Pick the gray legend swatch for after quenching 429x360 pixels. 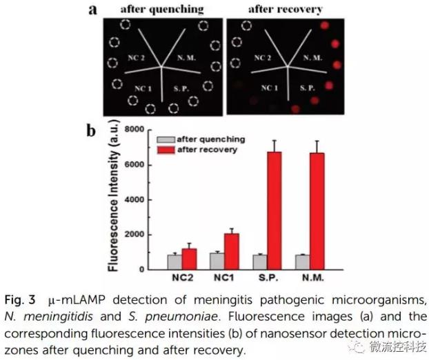click(x=167, y=139)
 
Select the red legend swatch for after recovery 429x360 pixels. click(x=167, y=149)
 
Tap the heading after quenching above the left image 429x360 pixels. click(x=162, y=9)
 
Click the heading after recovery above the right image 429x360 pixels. click(x=284, y=9)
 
